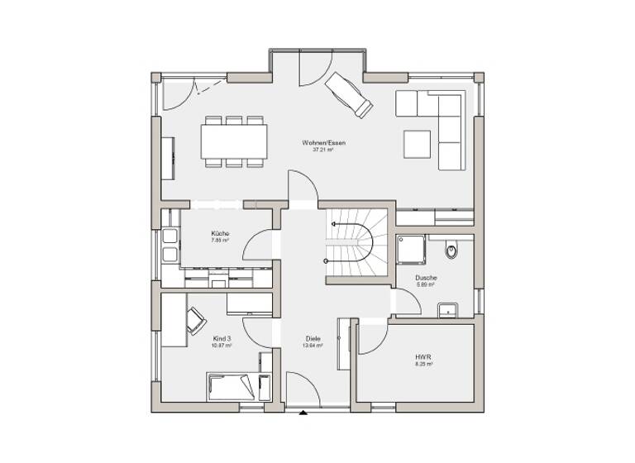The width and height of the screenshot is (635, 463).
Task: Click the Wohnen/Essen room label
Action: click(x=323, y=143)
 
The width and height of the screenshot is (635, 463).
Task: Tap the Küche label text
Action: click(x=219, y=233)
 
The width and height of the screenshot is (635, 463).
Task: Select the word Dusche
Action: click(x=426, y=277)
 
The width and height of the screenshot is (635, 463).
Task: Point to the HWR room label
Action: click(x=423, y=357)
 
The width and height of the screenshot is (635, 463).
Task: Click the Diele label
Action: click(x=313, y=338)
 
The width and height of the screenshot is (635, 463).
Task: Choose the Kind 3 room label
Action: click(x=222, y=338)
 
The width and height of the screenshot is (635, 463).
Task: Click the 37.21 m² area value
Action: click(x=323, y=150)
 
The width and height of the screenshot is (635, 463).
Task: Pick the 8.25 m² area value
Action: click(x=423, y=364)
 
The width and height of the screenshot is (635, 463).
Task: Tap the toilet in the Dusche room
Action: click(x=450, y=248)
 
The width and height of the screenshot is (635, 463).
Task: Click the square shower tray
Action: click(x=411, y=247)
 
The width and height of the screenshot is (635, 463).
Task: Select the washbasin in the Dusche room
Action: click(x=447, y=310)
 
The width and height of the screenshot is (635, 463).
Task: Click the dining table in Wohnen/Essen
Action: click(x=235, y=141)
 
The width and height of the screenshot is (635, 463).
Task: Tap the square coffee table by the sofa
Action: click(x=417, y=143)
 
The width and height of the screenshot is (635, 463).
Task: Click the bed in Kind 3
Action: click(x=236, y=386)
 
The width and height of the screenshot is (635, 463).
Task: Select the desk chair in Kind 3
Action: click(x=198, y=320)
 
